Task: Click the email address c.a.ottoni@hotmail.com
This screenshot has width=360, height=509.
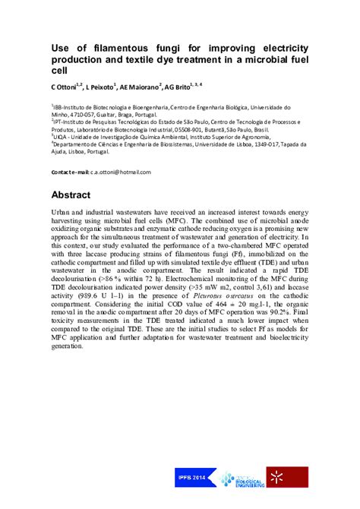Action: coord(122,172)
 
